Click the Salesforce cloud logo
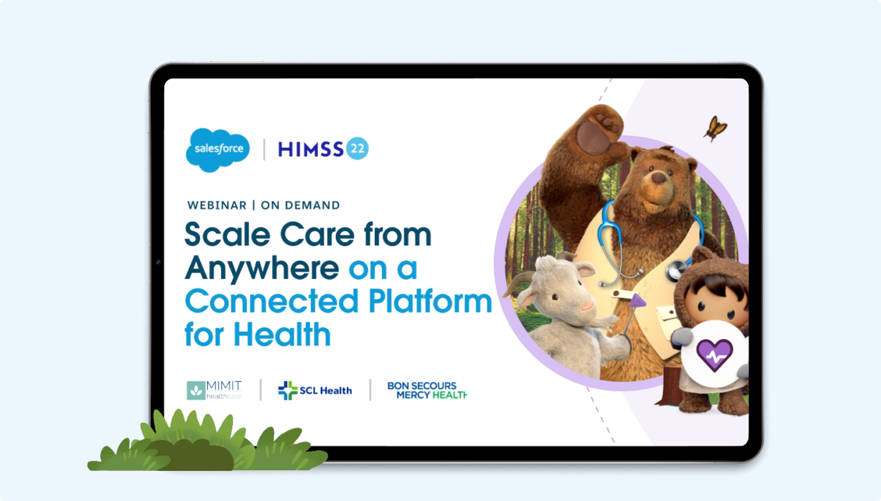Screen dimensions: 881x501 pos(218,150)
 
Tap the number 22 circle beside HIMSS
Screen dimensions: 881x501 pos(357,148)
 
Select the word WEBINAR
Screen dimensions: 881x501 pos(217,206)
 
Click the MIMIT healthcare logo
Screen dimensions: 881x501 pos(214,390)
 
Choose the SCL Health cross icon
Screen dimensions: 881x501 pos(288,390)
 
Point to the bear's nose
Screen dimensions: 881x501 pos(659,178)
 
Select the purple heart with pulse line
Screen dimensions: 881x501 pos(714,355)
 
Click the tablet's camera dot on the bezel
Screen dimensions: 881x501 pos(158,262)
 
